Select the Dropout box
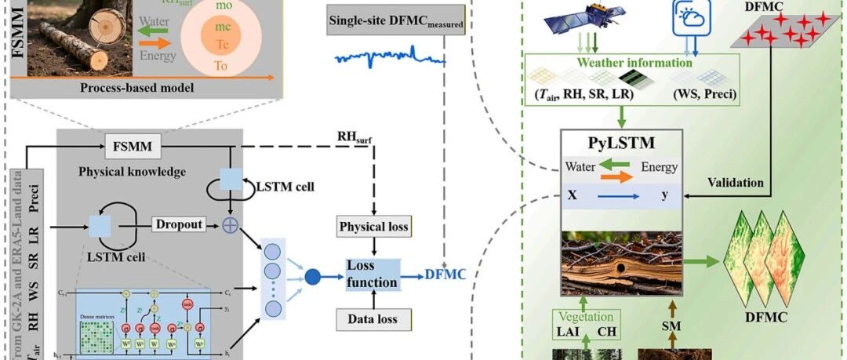point(178,224)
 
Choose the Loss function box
point(373,273)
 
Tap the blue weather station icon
point(690,17)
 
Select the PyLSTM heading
point(622,144)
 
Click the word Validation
point(735,183)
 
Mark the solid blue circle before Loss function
point(314,275)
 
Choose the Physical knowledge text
point(132,170)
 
